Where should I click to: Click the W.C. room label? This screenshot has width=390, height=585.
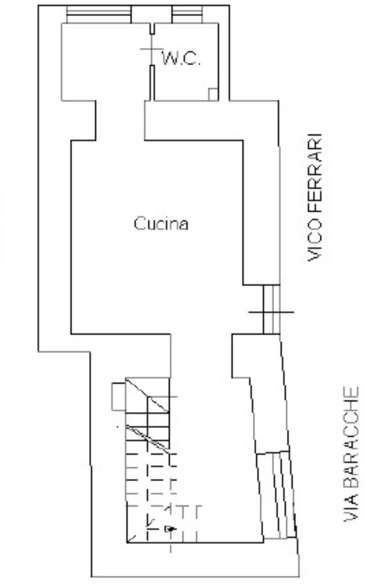182,59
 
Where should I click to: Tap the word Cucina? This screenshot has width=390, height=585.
161,223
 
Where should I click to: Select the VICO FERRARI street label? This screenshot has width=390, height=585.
316,197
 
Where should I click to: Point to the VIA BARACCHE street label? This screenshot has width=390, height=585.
352,454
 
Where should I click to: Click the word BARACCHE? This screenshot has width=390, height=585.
352,437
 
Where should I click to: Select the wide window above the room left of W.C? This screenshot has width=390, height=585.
98,14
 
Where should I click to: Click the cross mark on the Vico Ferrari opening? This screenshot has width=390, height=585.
271,312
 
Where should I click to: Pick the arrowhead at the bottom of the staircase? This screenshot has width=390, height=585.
170,529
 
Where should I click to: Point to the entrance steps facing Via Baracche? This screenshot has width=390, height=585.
278,494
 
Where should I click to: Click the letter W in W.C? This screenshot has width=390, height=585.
170,59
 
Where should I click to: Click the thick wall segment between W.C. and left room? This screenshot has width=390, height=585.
152,83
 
